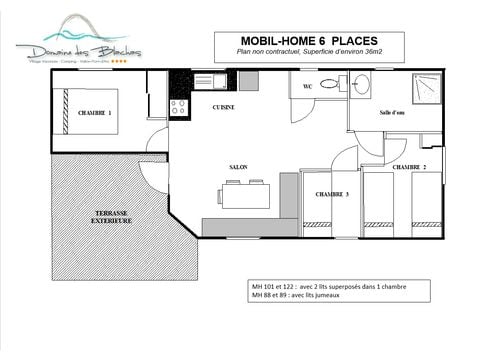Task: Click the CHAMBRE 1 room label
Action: pos(96,113)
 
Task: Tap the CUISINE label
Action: pos(224,105)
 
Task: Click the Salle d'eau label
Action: pos(391,113)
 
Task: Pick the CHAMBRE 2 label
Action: pos(409,166)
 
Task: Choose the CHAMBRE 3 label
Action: pos(332,193)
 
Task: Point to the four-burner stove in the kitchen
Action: pos(179,104)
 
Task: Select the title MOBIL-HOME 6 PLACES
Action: pos(290,38)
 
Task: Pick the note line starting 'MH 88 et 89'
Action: pos(307,297)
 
